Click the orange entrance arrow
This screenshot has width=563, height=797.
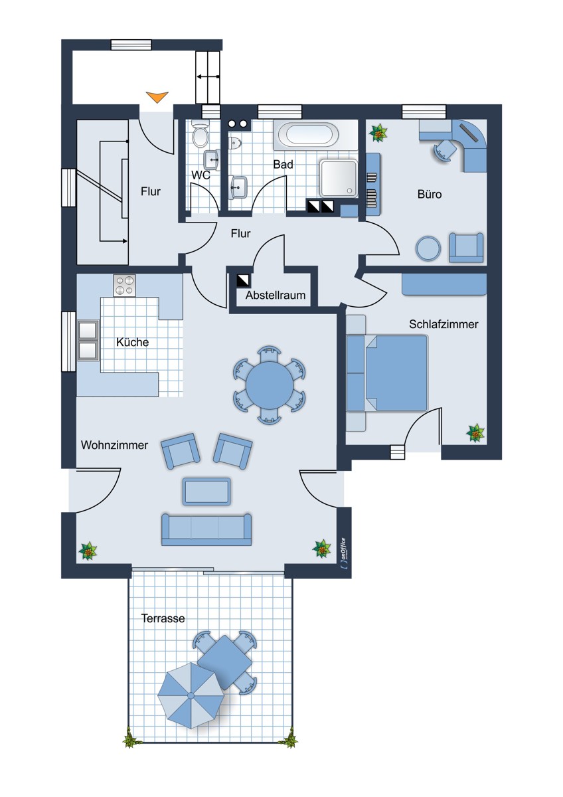coord(157,97)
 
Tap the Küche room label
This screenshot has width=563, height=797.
coord(132,342)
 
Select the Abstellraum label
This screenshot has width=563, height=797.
coord(276,295)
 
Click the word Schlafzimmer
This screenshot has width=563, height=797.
coord(443,324)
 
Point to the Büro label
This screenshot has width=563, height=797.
coord(430,194)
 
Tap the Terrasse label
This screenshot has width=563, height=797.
coord(163,618)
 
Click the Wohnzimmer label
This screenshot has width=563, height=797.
coord(114,445)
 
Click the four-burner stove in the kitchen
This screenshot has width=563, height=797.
coord(124,286)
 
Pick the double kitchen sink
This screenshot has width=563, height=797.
coord(88,341)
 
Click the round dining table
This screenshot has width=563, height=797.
coord(270,385)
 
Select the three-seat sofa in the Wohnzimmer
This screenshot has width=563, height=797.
coord(206,529)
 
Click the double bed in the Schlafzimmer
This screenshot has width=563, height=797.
coord(387,373)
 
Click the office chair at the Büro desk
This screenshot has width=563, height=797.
coord(445,150)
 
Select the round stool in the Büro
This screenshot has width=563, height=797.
coord(428,248)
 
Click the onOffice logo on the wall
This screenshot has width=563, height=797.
coord(343,553)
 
